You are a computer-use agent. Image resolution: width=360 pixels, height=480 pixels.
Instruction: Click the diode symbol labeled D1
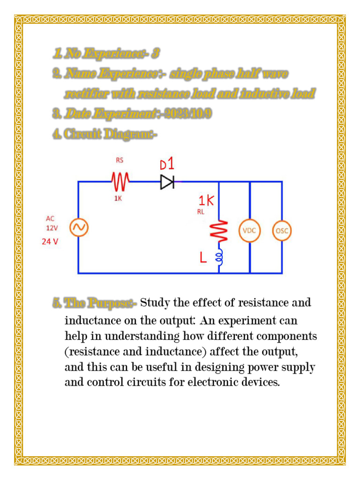[x=167, y=182]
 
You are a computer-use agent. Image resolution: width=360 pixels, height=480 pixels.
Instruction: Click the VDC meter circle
[x=249, y=231]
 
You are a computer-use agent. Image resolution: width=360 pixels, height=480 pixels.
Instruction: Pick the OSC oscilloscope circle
[x=282, y=231]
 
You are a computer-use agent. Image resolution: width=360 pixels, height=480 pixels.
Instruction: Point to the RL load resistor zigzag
[x=219, y=231]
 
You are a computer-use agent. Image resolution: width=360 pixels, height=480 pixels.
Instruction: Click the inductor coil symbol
[x=219, y=257]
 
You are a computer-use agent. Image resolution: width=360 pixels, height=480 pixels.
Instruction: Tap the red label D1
[x=167, y=165]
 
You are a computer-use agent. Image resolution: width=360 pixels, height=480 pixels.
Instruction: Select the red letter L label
[x=203, y=258]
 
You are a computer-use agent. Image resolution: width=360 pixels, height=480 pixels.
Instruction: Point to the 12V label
[x=52, y=228]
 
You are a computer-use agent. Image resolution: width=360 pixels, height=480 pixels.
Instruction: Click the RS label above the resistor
[x=120, y=160]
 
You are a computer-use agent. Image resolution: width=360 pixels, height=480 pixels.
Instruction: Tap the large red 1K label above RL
[x=206, y=201]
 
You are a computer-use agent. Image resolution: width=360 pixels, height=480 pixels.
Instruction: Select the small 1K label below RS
[x=118, y=198]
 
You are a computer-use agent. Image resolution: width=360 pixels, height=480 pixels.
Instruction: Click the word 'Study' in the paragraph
[x=155, y=303]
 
